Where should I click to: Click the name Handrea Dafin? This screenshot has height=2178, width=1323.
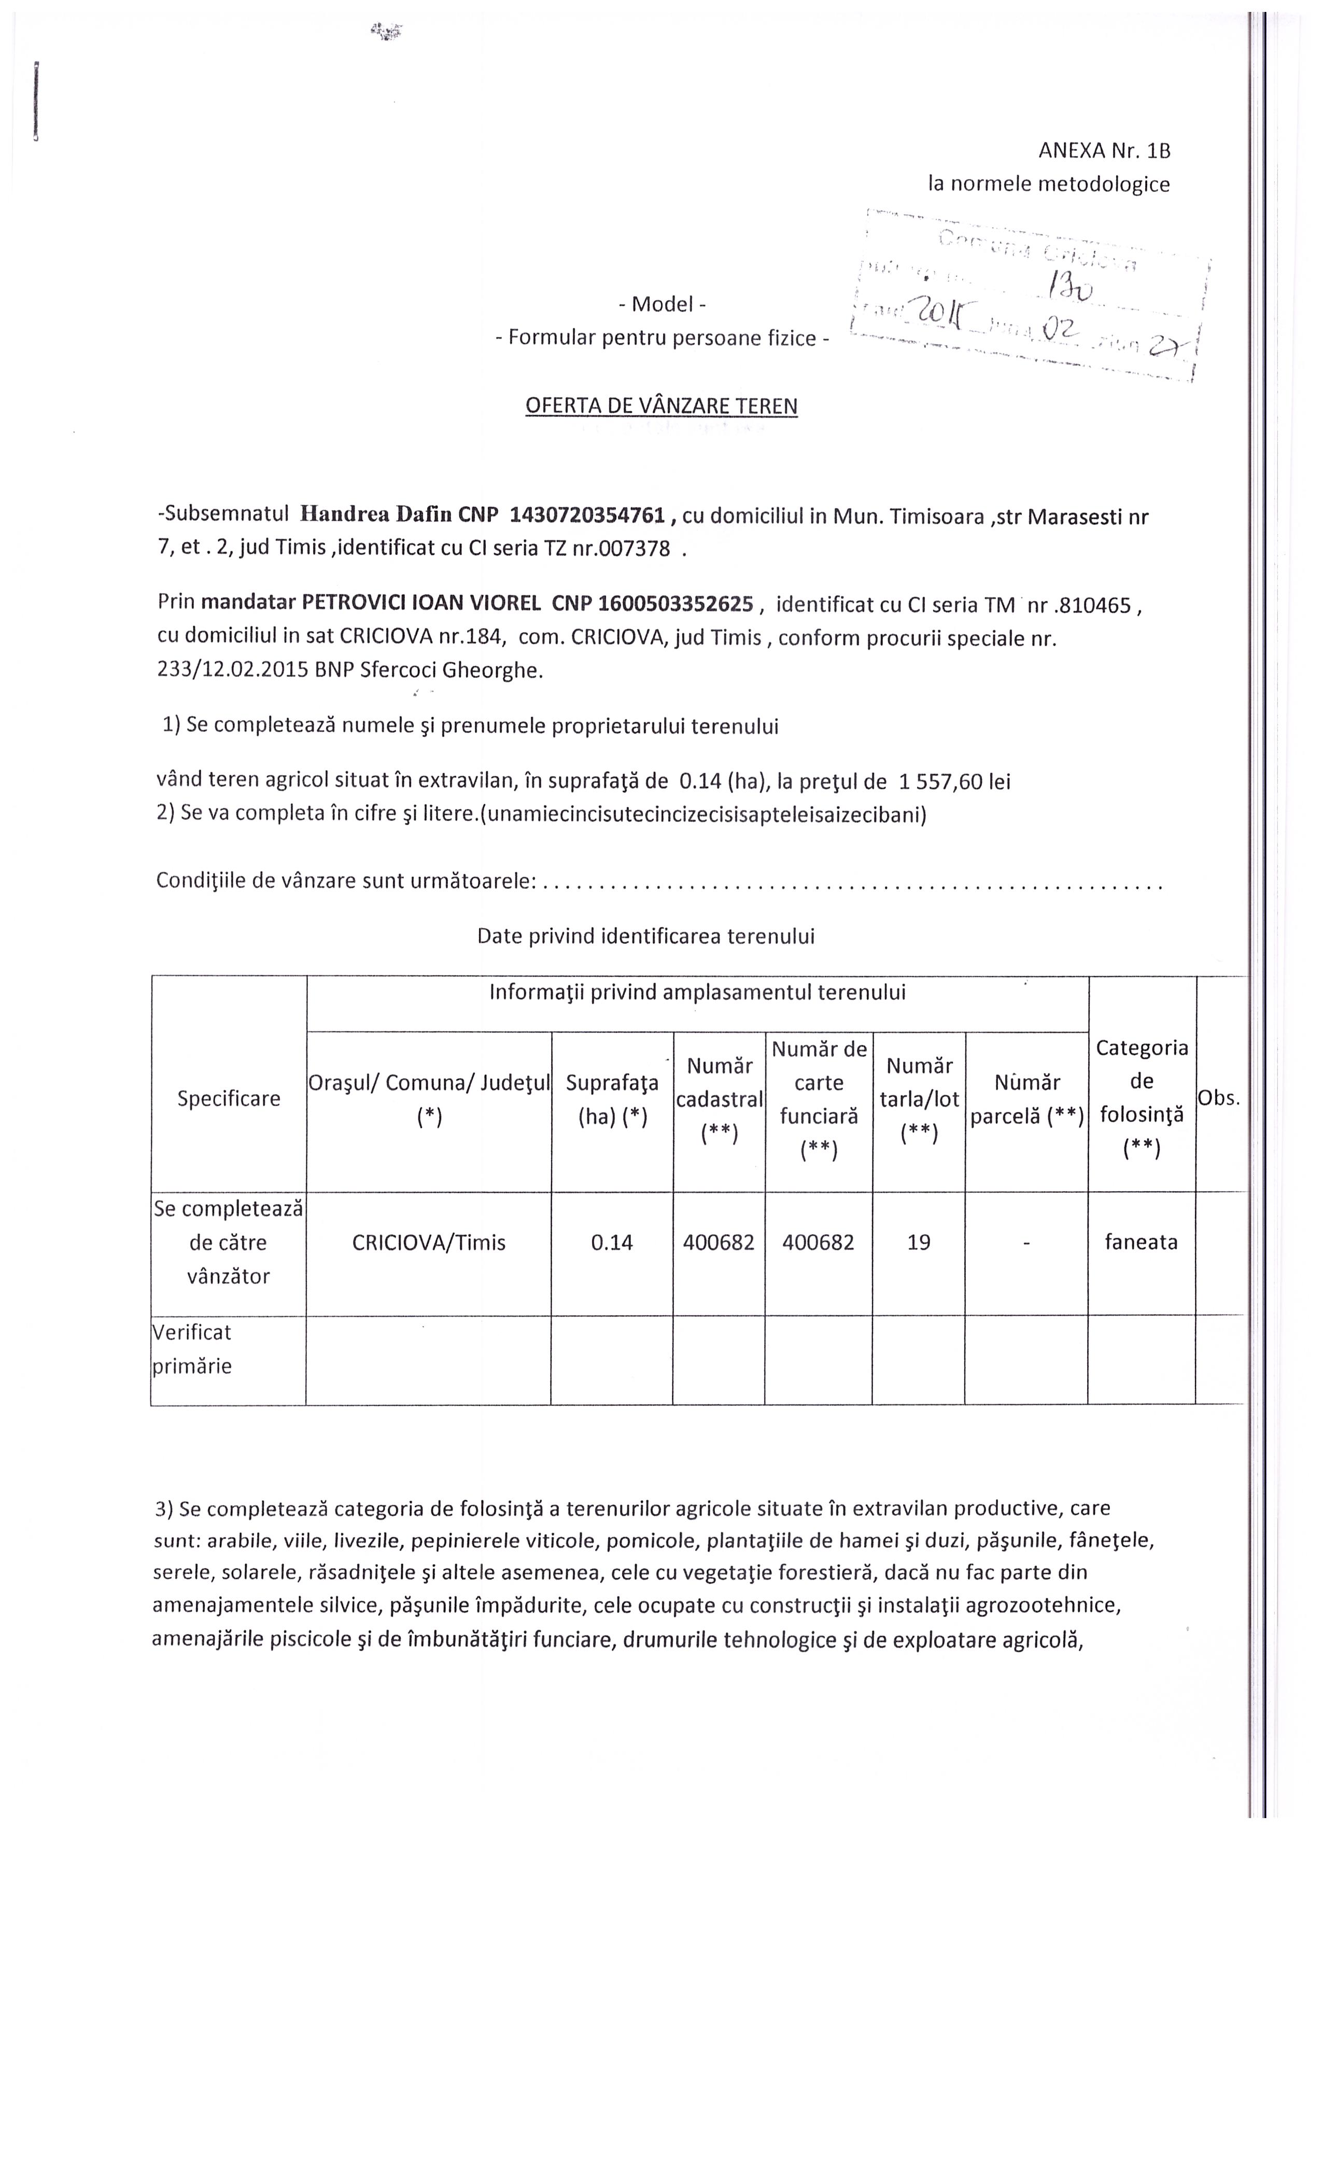[x=376, y=515]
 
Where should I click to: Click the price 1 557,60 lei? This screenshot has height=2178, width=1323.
[x=954, y=781]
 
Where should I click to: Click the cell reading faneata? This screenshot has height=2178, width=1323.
[x=1141, y=1242]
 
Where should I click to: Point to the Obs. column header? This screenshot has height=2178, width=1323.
[x=1219, y=1098]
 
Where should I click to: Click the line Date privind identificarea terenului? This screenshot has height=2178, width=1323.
[x=645, y=936]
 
